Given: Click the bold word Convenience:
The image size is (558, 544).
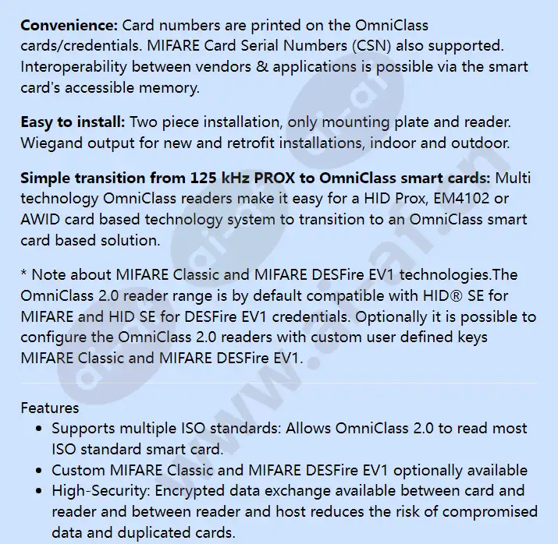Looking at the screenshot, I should pyautogui.click(x=69, y=26).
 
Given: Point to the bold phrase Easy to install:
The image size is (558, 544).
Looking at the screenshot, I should pyautogui.click(x=73, y=122).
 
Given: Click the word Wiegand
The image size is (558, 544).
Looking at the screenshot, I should pyautogui.click(x=50, y=143).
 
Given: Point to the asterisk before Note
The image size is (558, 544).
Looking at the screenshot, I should pyautogui.click(x=23, y=274).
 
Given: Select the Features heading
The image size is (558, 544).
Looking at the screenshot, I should pyautogui.click(x=50, y=408).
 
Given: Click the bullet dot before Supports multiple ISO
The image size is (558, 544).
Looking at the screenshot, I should pyautogui.click(x=41, y=429).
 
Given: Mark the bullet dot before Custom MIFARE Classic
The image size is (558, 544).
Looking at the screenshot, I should pyautogui.click(x=41, y=470).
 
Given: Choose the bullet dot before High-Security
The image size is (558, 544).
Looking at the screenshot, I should pyautogui.click(x=41, y=491).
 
